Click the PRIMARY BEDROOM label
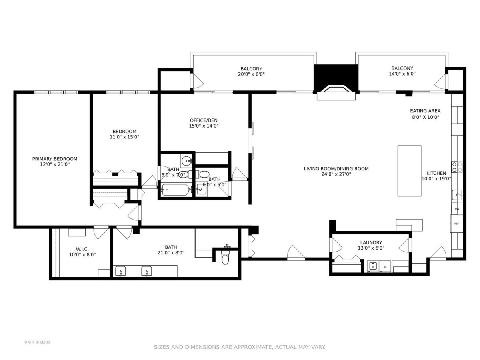click(55, 159)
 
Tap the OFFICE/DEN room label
click(204, 120)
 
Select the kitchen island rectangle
click(409, 171)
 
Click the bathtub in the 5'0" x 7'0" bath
click(176, 189)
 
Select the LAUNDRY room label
click(371, 242)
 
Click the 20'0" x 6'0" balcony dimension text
click(251, 74)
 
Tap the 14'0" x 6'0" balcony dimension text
click(402, 74)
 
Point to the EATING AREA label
click(425, 111)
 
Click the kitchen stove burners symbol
click(457, 167)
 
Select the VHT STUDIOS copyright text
click(37, 342)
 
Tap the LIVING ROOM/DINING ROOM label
click(336, 168)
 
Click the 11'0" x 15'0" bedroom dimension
click(124, 137)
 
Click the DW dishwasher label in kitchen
click(456, 209)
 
